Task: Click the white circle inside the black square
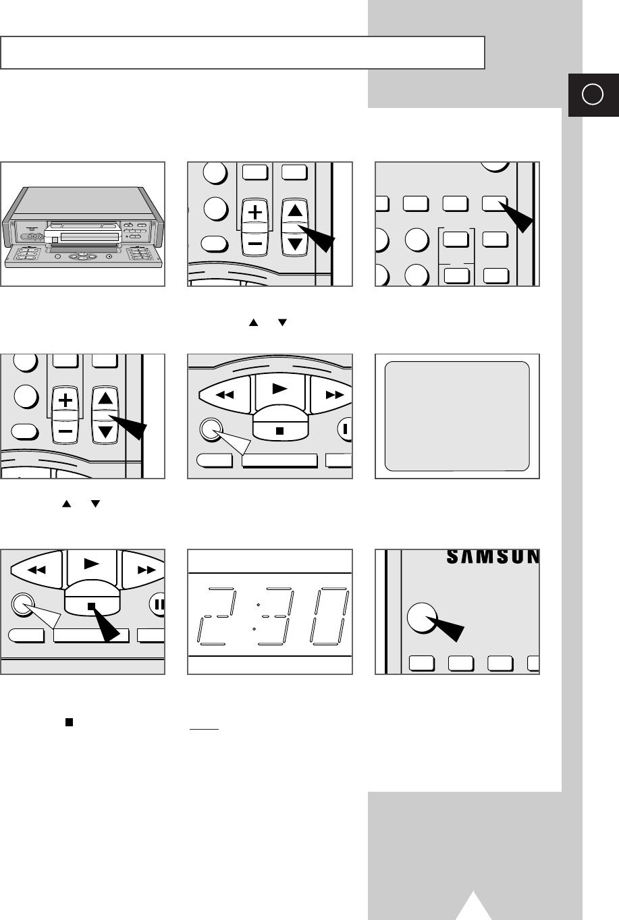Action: click(592, 95)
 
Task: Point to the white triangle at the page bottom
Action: click(475, 907)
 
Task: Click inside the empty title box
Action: click(243, 53)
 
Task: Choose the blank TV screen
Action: click(456, 416)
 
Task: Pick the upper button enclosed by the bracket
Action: click(456, 238)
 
